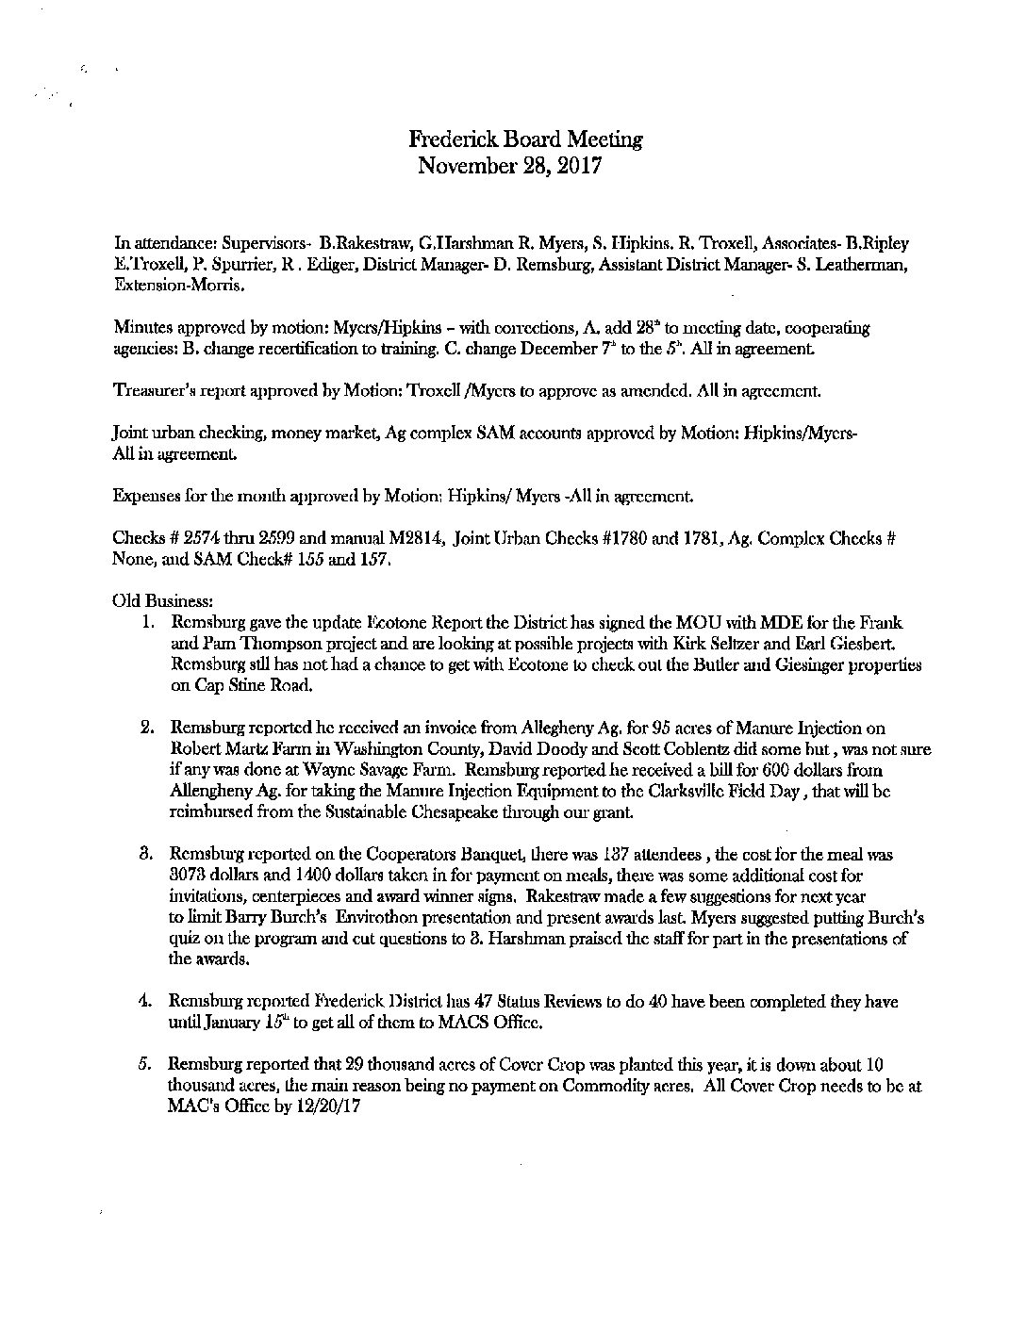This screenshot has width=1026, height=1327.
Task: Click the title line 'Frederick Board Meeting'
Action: coord(525,140)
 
